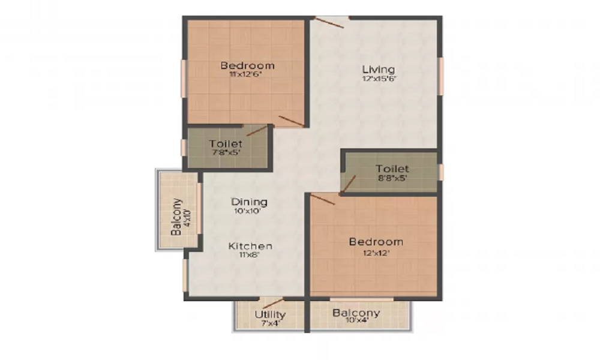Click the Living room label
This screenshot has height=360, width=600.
(378, 68)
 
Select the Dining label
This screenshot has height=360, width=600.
(250, 202)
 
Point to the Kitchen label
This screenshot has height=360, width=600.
(250, 246)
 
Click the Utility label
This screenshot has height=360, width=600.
(270, 314)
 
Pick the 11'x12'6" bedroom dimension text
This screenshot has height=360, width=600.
(247, 75)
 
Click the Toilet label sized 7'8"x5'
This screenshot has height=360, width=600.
(226, 144)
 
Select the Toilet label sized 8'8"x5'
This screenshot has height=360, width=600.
(392, 169)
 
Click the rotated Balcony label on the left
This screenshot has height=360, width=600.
(176, 216)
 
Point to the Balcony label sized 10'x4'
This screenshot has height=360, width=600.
(356, 313)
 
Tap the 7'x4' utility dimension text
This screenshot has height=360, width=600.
(270, 323)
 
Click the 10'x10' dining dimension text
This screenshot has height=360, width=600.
(250, 212)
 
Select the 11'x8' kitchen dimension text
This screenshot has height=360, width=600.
(250, 255)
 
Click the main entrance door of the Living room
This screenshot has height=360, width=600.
(330, 22)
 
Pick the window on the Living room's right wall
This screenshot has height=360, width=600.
(440, 76)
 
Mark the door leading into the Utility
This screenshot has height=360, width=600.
(273, 302)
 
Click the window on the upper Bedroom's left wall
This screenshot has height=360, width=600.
(184, 76)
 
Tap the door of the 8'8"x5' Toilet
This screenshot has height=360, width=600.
(348, 185)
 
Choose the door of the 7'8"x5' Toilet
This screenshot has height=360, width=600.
(257, 131)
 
